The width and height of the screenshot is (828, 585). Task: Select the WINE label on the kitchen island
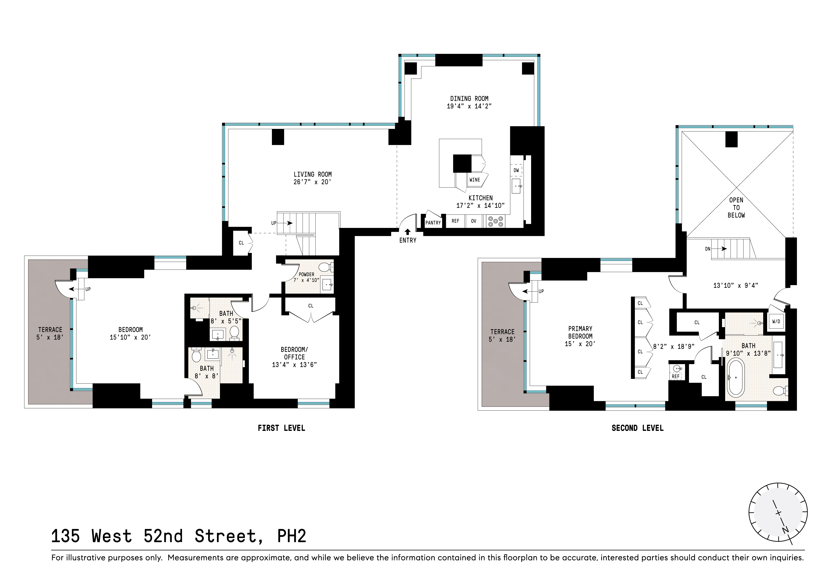point(475,180)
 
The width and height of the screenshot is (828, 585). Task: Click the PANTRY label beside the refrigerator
point(433,223)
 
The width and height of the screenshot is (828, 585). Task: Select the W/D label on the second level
point(776,321)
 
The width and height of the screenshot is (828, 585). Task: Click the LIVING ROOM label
point(312,174)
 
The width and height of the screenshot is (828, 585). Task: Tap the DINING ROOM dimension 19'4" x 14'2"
point(469,106)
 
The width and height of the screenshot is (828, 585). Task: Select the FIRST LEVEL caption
point(281,428)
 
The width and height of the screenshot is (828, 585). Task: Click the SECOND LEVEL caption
point(637,428)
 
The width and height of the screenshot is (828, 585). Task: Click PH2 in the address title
point(291,536)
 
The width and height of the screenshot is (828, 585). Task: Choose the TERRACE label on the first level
point(50,329)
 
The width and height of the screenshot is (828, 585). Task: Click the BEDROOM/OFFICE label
point(294,353)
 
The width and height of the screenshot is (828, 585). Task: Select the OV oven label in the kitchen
point(473,221)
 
